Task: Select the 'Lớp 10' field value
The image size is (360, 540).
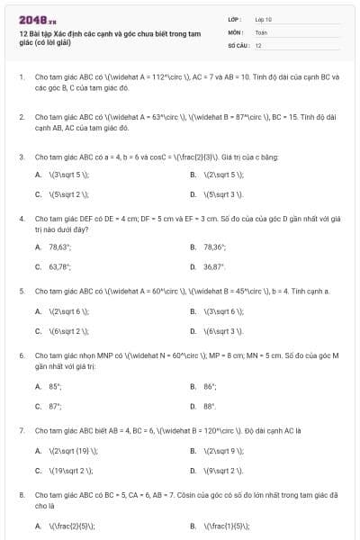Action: (x=264, y=18)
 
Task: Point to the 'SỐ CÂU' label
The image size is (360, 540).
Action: (x=238, y=44)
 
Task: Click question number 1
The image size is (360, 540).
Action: (x=21, y=77)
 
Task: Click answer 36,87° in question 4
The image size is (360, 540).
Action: (x=214, y=266)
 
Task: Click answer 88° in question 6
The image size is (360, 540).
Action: (x=210, y=406)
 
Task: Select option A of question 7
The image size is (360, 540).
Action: (x=66, y=451)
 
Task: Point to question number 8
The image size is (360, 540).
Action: (x=21, y=495)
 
